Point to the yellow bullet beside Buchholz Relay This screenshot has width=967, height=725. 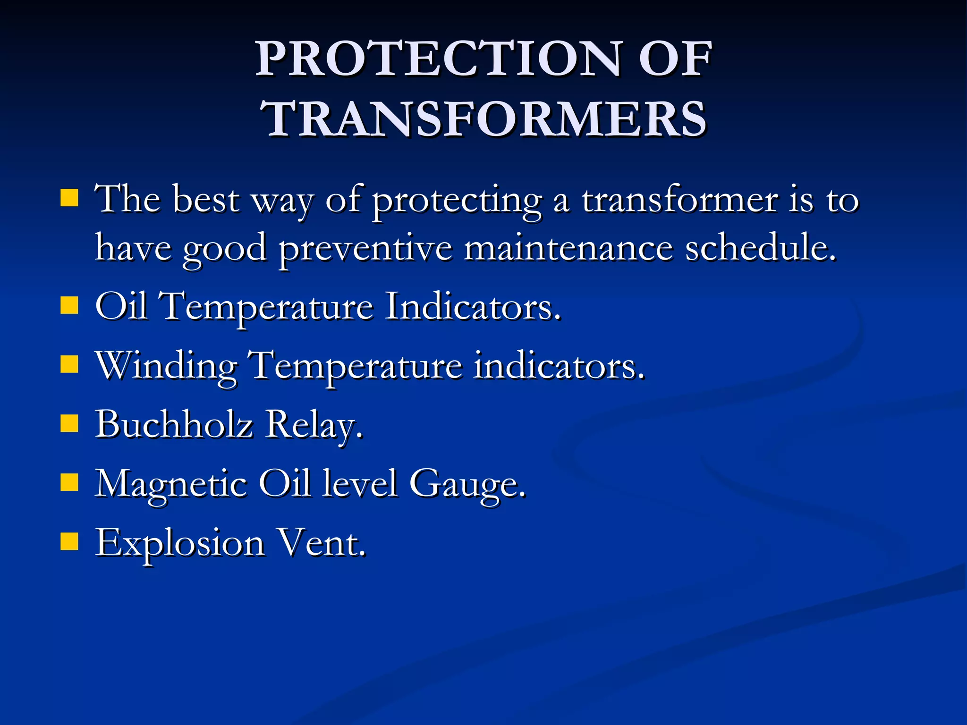(x=69, y=423)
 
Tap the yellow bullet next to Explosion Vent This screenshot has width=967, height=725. (x=69, y=542)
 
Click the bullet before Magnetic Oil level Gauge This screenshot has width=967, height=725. (x=69, y=483)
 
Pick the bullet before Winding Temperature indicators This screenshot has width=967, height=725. (x=69, y=364)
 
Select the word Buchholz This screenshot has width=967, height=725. (x=174, y=423)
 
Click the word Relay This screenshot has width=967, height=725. (x=314, y=425)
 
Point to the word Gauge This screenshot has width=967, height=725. (x=467, y=484)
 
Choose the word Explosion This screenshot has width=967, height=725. (x=179, y=544)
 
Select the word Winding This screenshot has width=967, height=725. (x=166, y=366)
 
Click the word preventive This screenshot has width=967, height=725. (x=365, y=249)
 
